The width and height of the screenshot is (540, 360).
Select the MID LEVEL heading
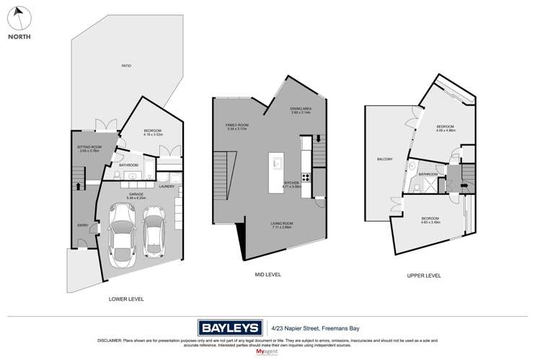[x=268, y=275]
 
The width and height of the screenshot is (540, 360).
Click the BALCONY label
[x=384, y=159]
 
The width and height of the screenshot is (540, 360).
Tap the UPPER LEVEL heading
[x=425, y=275]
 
